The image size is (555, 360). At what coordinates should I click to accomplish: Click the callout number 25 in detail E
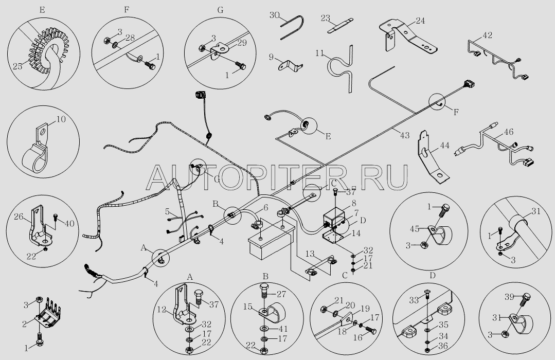point(17,66)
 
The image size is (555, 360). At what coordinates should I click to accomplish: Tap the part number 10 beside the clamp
point(61,119)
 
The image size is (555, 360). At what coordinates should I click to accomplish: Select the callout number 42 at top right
point(488,35)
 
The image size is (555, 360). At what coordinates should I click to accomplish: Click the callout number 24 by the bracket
point(420,21)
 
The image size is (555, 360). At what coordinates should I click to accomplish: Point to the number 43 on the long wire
point(405,135)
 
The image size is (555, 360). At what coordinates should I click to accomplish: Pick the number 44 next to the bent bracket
point(444,145)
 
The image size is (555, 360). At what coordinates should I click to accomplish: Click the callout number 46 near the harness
point(509,133)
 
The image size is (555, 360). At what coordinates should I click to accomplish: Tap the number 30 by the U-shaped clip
point(275,15)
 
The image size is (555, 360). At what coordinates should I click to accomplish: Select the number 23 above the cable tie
point(326,18)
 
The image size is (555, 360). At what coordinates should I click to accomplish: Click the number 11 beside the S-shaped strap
point(320,53)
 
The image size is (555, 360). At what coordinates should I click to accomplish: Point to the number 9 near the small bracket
point(271,57)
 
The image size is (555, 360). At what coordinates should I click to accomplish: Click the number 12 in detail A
point(162,310)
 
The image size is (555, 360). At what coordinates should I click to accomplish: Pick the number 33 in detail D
point(414,301)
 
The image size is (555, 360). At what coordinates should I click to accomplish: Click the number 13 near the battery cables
point(310,254)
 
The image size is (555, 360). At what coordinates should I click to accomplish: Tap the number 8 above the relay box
point(353,204)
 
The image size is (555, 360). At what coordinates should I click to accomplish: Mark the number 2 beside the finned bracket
point(24,324)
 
